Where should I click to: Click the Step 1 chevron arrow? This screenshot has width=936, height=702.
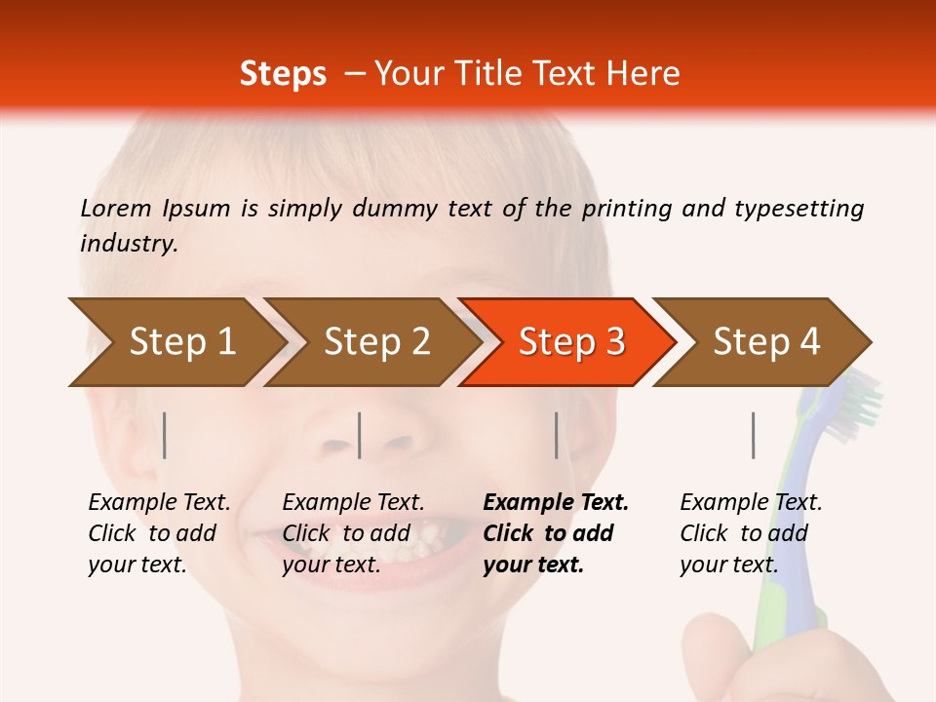click(175, 341)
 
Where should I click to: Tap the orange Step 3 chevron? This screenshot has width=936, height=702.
click(570, 341)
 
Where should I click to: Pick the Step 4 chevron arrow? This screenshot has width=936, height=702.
click(765, 341)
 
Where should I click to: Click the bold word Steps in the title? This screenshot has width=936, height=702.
click(283, 73)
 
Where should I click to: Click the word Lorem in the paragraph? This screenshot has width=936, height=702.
click(116, 208)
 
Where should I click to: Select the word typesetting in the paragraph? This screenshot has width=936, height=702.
click(799, 209)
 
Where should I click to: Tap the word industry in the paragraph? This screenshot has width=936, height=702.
click(129, 244)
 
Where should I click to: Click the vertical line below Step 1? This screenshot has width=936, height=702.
click(165, 435)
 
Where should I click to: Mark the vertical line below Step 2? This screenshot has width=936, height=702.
click(360, 435)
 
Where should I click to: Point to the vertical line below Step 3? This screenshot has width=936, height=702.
click(556, 435)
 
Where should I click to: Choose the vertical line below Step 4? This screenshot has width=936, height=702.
click(753, 435)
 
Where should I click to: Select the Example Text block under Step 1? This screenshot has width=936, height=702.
click(159, 533)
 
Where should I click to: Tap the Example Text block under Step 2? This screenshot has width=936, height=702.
click(353, 533)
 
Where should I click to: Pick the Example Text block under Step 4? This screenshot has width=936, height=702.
click(750, 533)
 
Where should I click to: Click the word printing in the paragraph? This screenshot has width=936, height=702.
click(627, 209)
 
